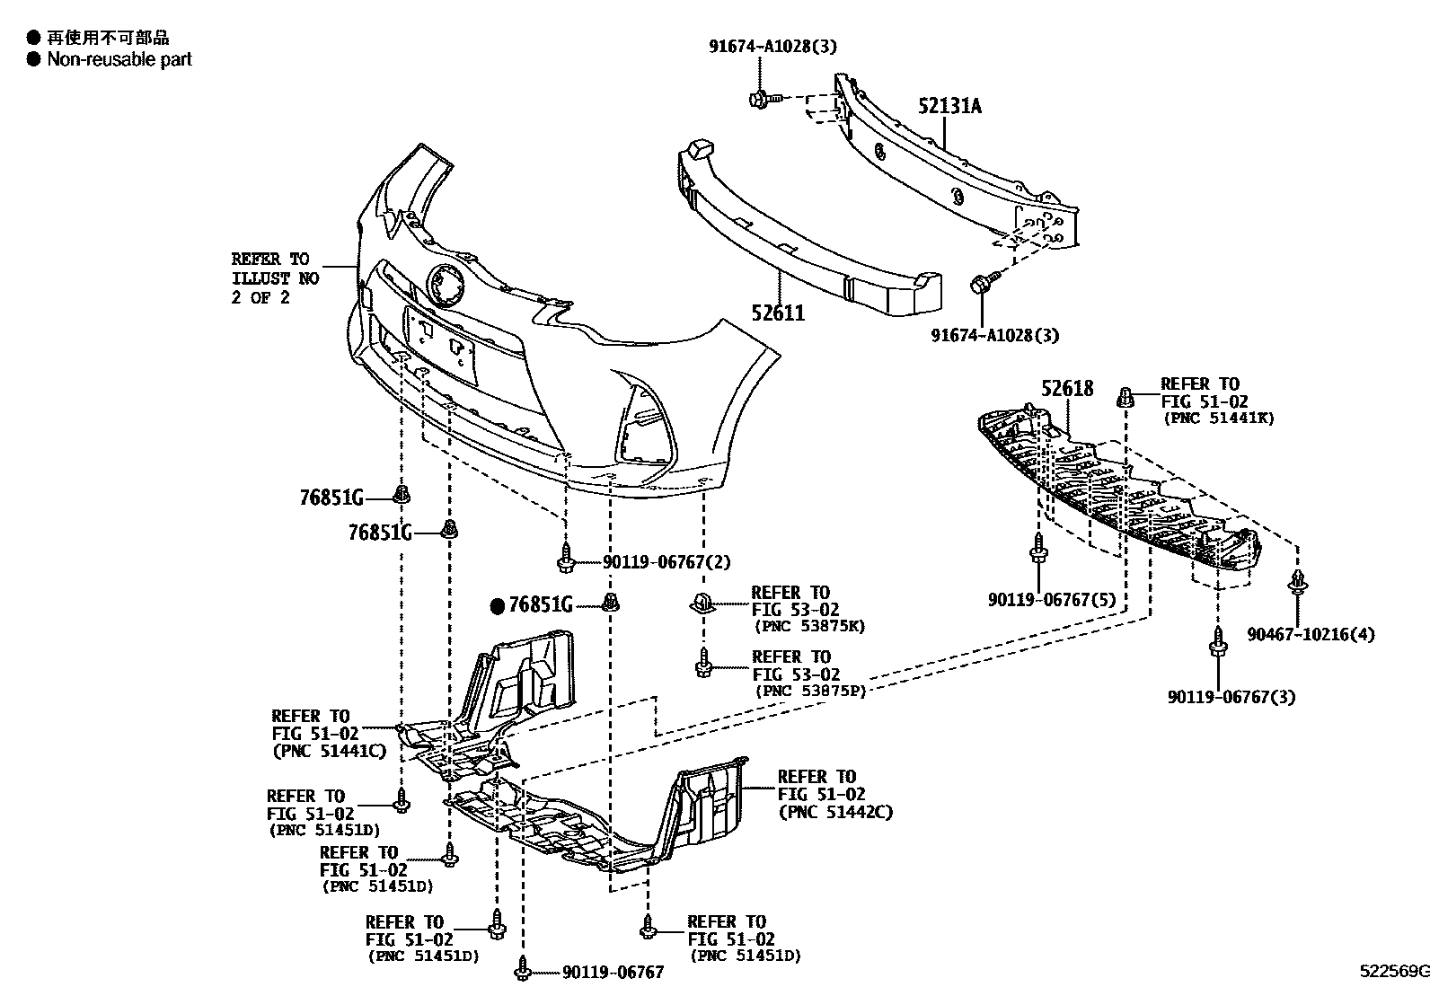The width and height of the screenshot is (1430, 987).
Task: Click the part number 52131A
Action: click(x=949, y=106)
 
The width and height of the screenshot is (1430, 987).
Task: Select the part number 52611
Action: click(x=778, y=313)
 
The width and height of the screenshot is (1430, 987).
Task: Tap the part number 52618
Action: click(x=1067, y=388)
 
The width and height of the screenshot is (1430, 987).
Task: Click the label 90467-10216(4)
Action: click(x=1311, y=635)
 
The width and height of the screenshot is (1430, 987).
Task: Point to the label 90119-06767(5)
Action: click(x=1040, y=599)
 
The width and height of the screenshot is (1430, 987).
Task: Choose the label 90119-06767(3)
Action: click(x=1231, y=696)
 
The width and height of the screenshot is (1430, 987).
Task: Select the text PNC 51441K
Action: click(x=1218, y=418)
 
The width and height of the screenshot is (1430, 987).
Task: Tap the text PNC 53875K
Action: click(x=809, y=626)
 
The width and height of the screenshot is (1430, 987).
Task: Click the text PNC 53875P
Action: click(x=809, y=691)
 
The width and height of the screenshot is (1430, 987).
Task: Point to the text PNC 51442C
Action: click(x=835, y=813)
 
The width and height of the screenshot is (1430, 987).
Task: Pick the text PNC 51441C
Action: click(x=329, y=751)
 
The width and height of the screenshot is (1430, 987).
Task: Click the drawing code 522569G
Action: click(x=1392, y=971)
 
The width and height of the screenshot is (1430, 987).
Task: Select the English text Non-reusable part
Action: click(x=119, y=59)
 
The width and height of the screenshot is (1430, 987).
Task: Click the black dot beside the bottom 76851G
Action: click(x=498, y=606)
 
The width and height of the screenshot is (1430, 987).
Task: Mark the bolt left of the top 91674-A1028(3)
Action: click(x=758, y=98)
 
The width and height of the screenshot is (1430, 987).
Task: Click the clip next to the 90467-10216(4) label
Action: click(x=1296, y=584)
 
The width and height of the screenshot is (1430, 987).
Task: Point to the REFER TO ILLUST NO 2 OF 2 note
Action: click(x=275, y=278)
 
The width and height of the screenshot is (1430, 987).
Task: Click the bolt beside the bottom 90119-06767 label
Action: click(x=523, y=970)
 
